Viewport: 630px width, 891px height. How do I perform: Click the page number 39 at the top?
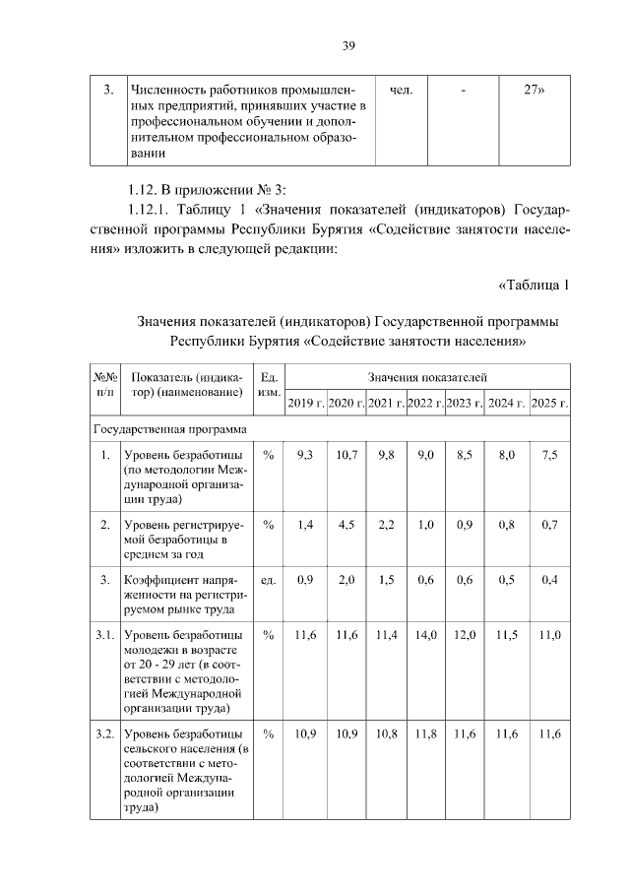pos(348,46)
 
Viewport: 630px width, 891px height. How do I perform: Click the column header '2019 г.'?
pos(305,403)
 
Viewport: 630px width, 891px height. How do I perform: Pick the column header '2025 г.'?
pos(549,403)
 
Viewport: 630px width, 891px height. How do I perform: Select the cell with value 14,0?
pos(426,636)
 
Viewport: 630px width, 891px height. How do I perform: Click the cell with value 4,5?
pos(346,525)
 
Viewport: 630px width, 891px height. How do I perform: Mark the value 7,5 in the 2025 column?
pos(549,455)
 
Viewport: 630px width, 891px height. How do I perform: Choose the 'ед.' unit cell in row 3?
pos(266,580)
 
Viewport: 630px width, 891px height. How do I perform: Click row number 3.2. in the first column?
pos(104,734)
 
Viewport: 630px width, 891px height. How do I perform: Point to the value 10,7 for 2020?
pos(346,455)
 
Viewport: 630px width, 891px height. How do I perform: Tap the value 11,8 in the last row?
pos(426,734)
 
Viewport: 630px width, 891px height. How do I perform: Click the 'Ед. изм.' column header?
pos(268,385)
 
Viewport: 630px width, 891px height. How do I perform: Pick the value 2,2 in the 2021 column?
pos(386,525)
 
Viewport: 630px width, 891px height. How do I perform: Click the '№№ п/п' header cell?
pos(104,385)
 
